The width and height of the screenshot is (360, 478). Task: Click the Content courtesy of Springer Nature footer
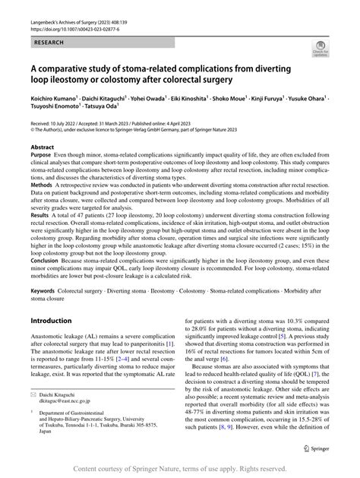click(x=180, y=470)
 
